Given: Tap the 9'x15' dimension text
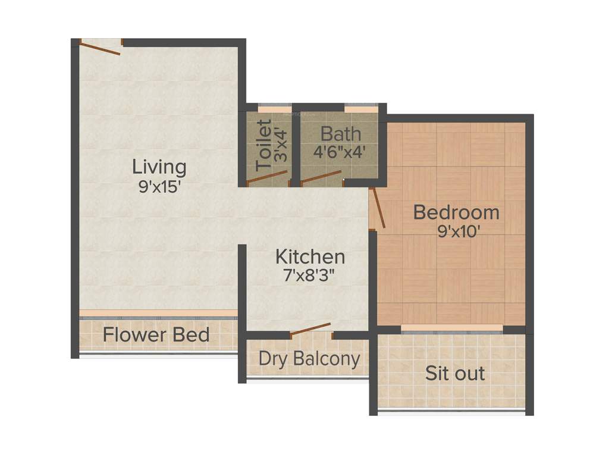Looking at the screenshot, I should [x=159, y=186].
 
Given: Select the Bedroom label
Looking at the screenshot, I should [x=456, y=212].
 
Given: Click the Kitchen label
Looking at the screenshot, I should [x=310, y=256].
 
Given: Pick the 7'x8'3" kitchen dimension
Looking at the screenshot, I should [x=309, y=276].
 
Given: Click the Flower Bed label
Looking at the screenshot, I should [x=156, y=334].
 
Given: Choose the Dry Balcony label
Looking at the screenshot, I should [x=309, y=359].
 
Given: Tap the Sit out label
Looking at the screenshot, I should [x=454, y=374].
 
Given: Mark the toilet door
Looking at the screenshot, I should [x=267, y=177].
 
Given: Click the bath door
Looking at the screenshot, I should [x=322, y=176].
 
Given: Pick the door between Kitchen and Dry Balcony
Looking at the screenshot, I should [x=310, y=330].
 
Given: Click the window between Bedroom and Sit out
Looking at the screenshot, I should [x=452, y=328].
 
